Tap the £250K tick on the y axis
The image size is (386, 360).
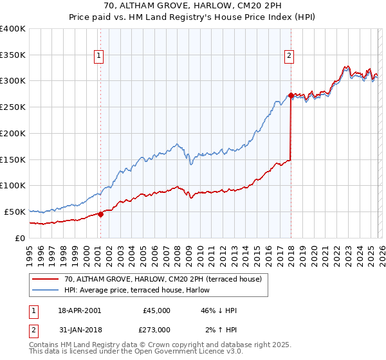tap(13, 107)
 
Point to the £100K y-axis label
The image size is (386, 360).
tap(13, 186)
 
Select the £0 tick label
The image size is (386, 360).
tap(19, 238)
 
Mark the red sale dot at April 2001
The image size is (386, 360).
tap(100, 214)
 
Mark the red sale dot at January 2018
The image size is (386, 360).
tap(291, 96)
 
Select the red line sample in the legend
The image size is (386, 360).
tap(46, 280)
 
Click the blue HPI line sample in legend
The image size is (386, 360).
tap(46, 291)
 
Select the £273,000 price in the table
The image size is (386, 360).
tap(155, 330)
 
